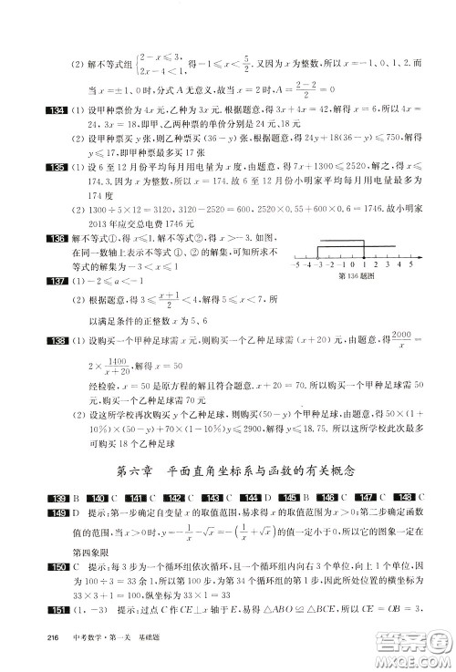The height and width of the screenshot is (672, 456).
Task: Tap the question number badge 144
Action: coord(245,496)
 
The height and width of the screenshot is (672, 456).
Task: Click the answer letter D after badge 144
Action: coord(264,496)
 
